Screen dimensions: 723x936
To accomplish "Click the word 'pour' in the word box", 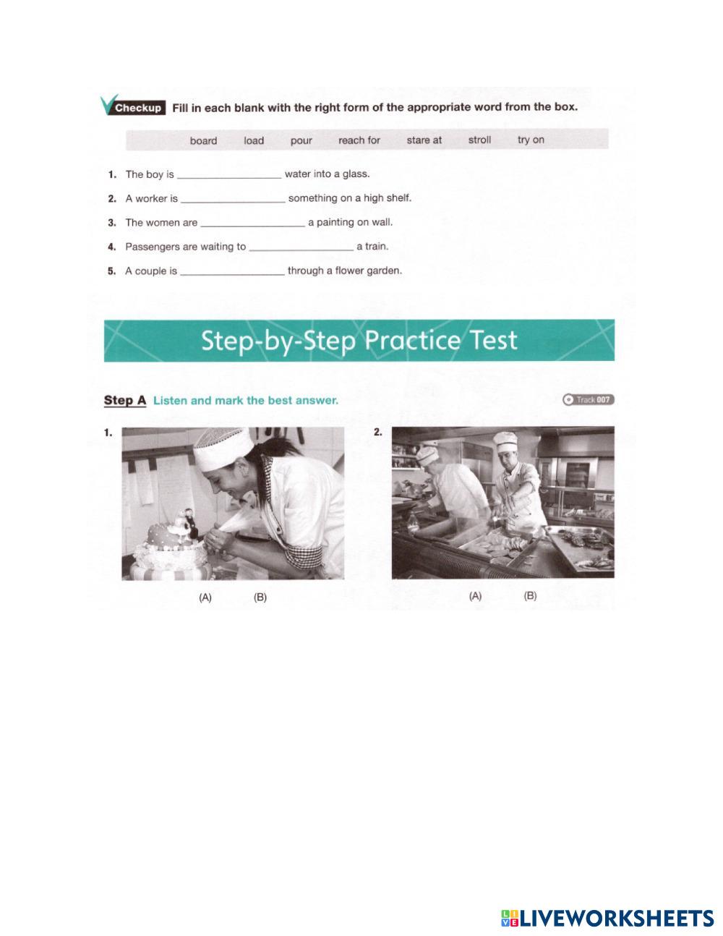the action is (x=301, y=140).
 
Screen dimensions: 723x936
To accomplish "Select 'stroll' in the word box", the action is (x=479, y=140).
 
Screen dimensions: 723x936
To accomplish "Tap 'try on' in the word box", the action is (x=531, y=140).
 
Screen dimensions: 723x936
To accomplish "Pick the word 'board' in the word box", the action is (x=203, y=141).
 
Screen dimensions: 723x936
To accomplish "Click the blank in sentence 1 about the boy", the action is (x=229, y=177).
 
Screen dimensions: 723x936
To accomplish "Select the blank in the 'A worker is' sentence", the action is (x=233, y=201).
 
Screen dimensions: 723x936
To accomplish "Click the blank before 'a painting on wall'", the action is (x=252, y=225).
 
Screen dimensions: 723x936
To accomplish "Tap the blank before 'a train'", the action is (x=301, y=250).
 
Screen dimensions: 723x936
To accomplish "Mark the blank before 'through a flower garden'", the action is (x=232, y=273).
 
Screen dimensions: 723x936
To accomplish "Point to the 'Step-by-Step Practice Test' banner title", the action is (x=359, y=340).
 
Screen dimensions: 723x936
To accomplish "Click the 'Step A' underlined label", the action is (x=125, y=400).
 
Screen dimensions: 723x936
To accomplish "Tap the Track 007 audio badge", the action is (x=589, y=400).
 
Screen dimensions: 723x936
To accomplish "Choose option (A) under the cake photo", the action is (x=205, y=597).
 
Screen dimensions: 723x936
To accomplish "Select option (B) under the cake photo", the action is (x=260, y=597).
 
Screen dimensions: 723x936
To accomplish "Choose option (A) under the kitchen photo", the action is (x=475, y=596).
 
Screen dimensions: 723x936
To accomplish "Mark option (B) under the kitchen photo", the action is (x=530, y=596).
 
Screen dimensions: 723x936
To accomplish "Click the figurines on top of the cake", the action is (x=186, y=524).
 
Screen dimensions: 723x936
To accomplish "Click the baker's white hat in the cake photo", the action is (x=223, y=449).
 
